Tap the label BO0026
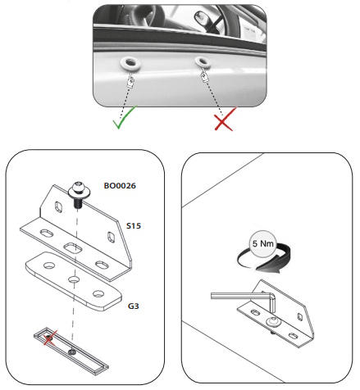tap(120, 186)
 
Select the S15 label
tap(134, 226)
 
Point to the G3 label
tap(133, 306)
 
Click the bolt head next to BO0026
tap(79, 189)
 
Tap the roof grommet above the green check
tap(130, 63)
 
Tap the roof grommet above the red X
tap(203, 62)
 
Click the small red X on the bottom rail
tap(50, 338)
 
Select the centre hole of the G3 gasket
tap(74, 279)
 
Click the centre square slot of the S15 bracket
tap(73, 248)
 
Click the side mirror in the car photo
tap(203, 18)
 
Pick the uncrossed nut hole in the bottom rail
tap(72, 351)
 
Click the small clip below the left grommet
tap(130, 82)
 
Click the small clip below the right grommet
tap(204, 76)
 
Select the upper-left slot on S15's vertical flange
tap(58, 206)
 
